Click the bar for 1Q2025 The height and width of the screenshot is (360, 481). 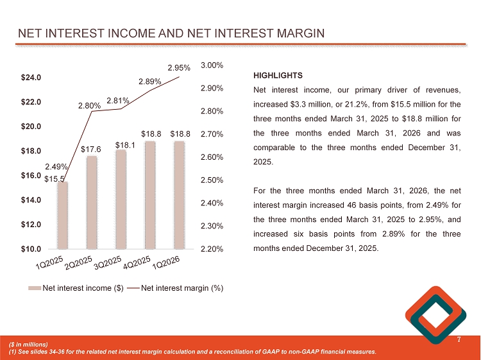tap(62, 216)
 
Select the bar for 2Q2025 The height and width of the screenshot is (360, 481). tap(92, 202)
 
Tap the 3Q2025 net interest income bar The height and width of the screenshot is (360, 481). tap(121, 199)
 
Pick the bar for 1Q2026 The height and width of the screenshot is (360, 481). tap(180, 194)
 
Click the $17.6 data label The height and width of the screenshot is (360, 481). tap(92, 150)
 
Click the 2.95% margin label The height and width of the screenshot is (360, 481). tap(179, 67)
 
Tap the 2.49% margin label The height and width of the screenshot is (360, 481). tap(57, 167)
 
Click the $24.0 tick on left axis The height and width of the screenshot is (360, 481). tap(31, 78)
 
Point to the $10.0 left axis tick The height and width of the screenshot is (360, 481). tap(31, 248)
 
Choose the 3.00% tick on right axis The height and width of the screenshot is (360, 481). tap(212, 65)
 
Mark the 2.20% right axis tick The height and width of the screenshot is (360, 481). tap(212, 249)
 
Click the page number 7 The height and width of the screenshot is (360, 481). tap(459, 339)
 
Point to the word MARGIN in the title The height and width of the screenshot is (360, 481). tap(292, 33)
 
